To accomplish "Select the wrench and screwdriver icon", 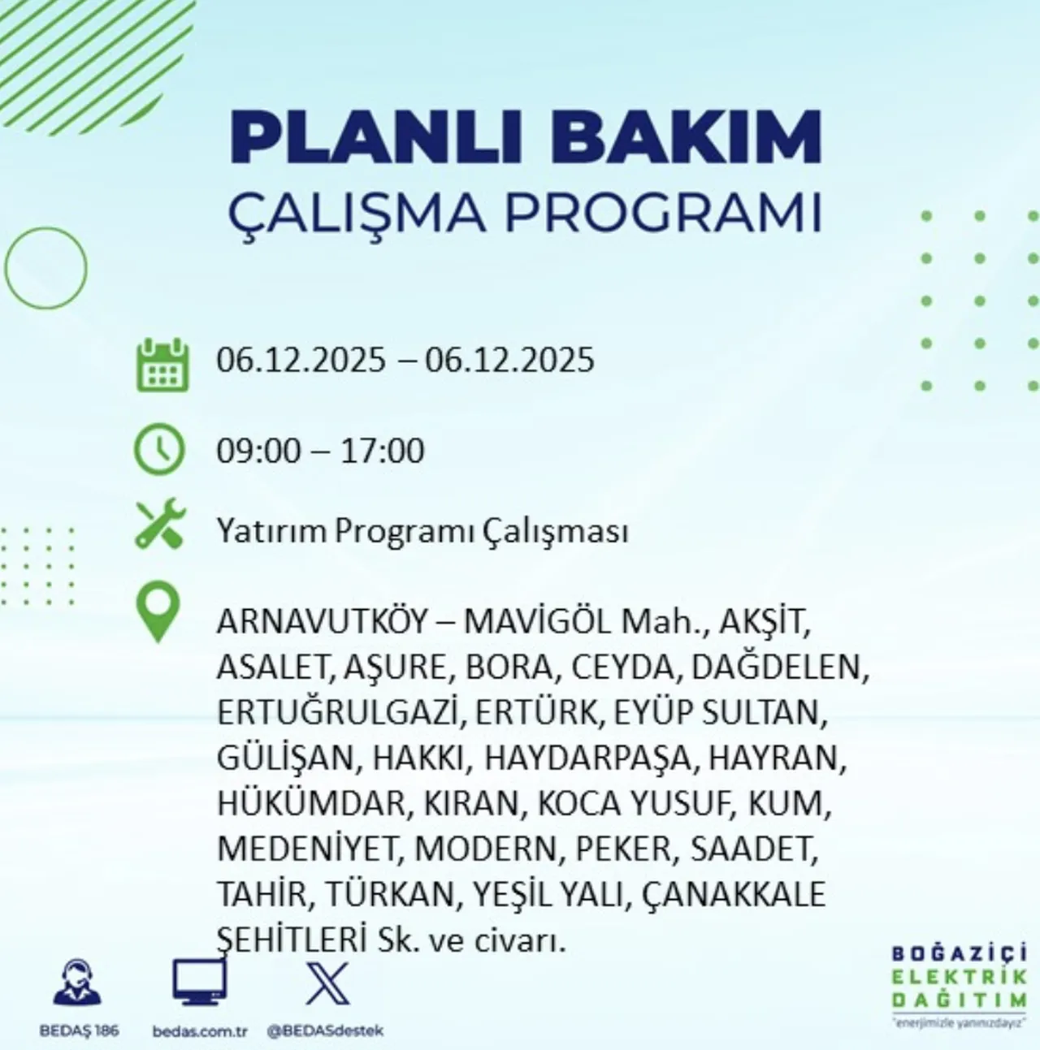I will (160, 525).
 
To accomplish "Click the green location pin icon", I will (157, 614).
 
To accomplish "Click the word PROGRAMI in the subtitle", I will (661, 214).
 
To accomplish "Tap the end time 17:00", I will (382, 452).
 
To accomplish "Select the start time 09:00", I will (258, 452).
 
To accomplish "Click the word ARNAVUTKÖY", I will (322, 623).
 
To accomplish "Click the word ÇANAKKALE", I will (733, 895).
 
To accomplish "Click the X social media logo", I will (327, 983).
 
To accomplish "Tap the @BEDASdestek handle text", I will (325, 1031).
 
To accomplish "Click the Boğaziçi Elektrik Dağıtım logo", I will (958, 986).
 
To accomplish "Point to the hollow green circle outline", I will (45, 267).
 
